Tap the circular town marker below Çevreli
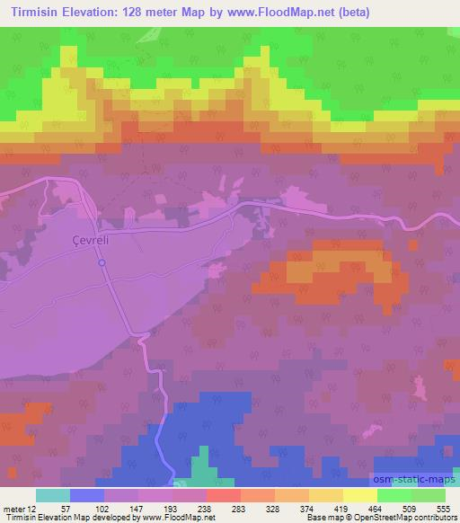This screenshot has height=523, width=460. click(x=102, y=262)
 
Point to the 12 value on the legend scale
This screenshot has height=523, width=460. click(x=32, y=508)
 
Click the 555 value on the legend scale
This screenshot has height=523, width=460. click(x=444, y=508)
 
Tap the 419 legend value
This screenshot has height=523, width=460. click(x=342, y=508)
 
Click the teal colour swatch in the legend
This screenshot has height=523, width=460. click(x=52, y=495)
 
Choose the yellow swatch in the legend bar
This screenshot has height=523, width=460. click(x=360, y=495)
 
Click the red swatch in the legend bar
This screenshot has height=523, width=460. click(x=223, y=495)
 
